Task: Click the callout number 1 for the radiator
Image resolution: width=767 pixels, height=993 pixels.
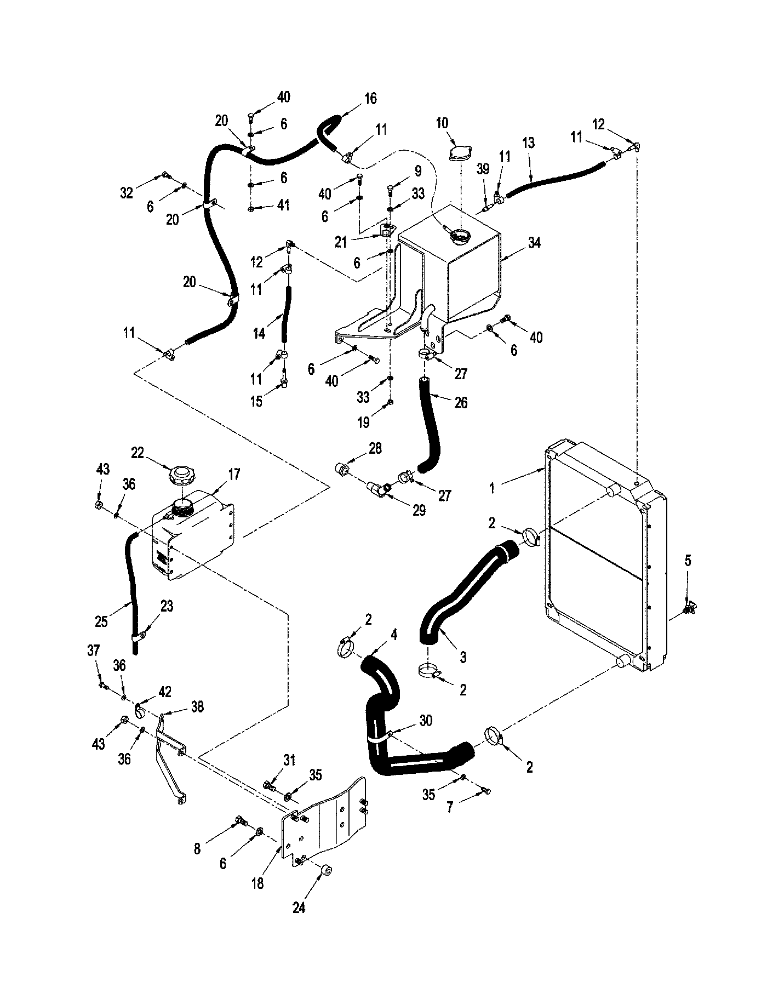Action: [492, 487]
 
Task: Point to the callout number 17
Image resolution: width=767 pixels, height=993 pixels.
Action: [234, 474]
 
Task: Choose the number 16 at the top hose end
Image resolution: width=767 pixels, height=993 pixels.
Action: [370, 99]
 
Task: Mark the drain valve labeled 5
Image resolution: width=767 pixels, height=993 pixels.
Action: [689, 608]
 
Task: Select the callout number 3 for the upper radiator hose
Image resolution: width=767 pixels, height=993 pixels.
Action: [463, 657]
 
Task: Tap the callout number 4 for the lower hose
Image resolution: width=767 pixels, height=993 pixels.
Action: [394, 635]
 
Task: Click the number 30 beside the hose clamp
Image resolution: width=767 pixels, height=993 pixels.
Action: [426, 721]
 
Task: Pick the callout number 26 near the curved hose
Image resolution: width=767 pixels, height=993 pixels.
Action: [461, 403]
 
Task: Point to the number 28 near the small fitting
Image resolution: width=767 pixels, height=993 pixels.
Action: [375, 448]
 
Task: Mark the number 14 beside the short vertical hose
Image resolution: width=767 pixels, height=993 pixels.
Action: [259, 333]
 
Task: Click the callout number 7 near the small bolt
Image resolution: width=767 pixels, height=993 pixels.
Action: [450, 807]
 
